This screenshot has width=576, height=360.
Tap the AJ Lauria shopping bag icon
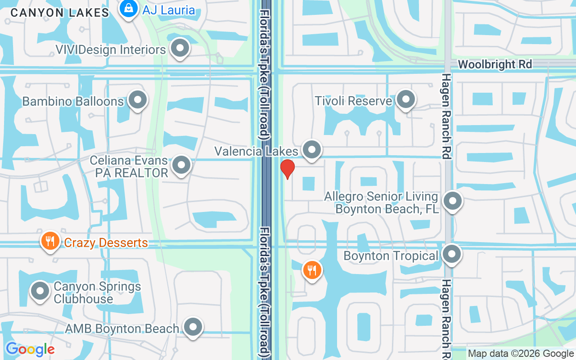(x=129, y=9)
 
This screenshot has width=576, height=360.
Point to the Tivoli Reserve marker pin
(x=406, y=99)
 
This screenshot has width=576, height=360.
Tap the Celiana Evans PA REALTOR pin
(x=181, y=165)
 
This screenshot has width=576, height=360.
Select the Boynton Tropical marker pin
(x=452, y=254)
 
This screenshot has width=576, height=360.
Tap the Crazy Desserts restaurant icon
(x=50, y=241)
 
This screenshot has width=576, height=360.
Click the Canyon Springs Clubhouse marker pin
(x=40, y=291)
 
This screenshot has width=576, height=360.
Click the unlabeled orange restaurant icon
(x=311, y=270)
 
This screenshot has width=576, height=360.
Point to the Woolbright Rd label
(x=495, y=64)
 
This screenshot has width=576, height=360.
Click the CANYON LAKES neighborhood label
(x=60, y=13)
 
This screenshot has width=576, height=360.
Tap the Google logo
(x=30, y=349)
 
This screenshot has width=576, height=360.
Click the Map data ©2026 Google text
(x=521, y=354)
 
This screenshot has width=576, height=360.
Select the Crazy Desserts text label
(x=106, y=243)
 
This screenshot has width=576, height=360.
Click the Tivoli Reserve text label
(x=353, y=101)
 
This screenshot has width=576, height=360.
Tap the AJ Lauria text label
(x=169, y=10)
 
